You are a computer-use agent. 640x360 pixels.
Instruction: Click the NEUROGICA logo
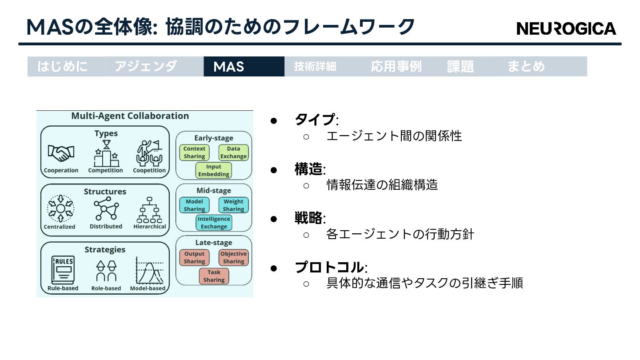566,28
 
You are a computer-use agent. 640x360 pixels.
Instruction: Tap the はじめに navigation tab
63,67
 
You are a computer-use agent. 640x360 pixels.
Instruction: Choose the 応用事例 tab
396,67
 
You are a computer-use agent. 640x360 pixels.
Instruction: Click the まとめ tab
526,67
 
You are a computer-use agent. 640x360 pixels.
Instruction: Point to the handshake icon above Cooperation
61,153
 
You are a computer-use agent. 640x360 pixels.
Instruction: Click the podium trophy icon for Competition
106,153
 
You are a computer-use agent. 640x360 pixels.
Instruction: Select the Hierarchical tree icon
149,210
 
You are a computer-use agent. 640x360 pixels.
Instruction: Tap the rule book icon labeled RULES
62,269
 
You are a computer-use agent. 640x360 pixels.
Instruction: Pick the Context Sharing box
194,152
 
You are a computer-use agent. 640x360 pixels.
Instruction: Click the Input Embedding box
214,171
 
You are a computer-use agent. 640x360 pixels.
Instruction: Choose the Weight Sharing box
233,205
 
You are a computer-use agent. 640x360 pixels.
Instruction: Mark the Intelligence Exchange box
214,223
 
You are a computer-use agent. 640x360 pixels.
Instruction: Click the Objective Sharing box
233,258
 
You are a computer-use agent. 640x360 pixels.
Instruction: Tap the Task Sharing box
214,276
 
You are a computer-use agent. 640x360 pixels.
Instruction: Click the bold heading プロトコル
329,268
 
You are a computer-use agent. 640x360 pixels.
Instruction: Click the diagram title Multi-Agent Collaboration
130,116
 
